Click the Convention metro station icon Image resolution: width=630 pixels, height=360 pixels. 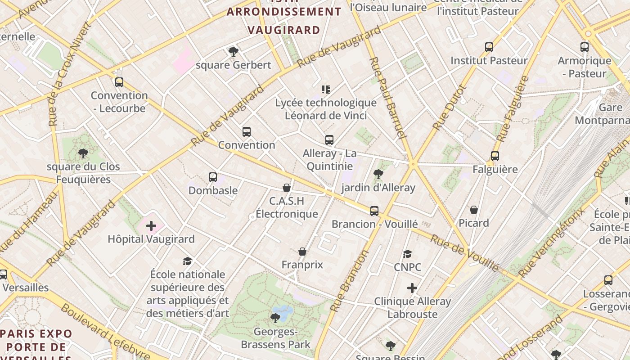point(246,132)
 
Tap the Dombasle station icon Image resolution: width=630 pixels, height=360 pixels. point(213,177)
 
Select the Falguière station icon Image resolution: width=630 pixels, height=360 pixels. point(495,156)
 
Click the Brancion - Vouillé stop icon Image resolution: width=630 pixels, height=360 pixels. point(374,211)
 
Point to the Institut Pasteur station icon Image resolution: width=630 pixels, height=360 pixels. point(489,47)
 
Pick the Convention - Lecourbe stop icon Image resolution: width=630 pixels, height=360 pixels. point(119,82)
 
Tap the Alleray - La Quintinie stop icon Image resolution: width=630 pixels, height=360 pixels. point(329,140)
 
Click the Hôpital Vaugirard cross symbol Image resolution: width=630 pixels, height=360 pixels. point(151,226)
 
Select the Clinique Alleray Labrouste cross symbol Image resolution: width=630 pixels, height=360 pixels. point(412,288)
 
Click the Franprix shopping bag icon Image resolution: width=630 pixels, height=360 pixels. point(302,251)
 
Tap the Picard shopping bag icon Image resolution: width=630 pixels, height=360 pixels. point(474,209)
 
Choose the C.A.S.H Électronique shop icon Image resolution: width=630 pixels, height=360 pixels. point(287,187)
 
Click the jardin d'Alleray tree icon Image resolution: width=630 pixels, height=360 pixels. point(378,174)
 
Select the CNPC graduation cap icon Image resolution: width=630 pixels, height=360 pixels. point(407,254)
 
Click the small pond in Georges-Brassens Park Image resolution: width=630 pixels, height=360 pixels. point(282,310)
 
